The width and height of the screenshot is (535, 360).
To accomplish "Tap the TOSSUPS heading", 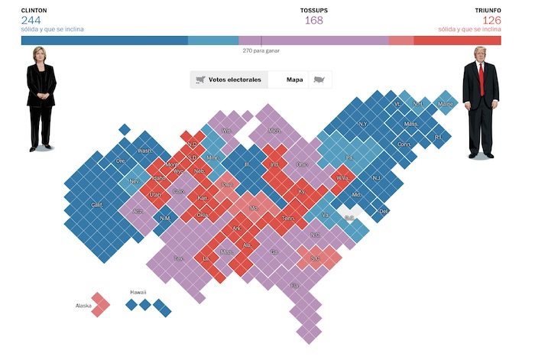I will click(x=313, y=10).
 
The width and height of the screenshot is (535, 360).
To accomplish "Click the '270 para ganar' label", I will click(x=260, y=50).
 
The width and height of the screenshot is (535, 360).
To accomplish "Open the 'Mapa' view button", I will click(x=294, y=79).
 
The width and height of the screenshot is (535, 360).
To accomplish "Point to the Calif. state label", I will click(x=96, y=205).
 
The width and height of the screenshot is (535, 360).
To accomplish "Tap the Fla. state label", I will click(x=295, y=286).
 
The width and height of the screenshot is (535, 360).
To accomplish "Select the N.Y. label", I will click(x=363, y=124).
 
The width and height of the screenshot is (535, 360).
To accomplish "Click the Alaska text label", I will click(x=83, y=306).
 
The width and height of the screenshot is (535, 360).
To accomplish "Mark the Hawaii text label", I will click(x=138, y=292).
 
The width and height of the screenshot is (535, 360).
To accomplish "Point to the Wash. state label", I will click(x=144, y=151).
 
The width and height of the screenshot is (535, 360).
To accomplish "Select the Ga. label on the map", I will click(x=274, y=251).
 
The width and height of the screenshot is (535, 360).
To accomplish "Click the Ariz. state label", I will click(x=138, y=211).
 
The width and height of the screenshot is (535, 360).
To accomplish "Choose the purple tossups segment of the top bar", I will click(x=313, y=40).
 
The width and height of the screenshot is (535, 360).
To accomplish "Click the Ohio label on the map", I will click(x=303, y=164).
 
